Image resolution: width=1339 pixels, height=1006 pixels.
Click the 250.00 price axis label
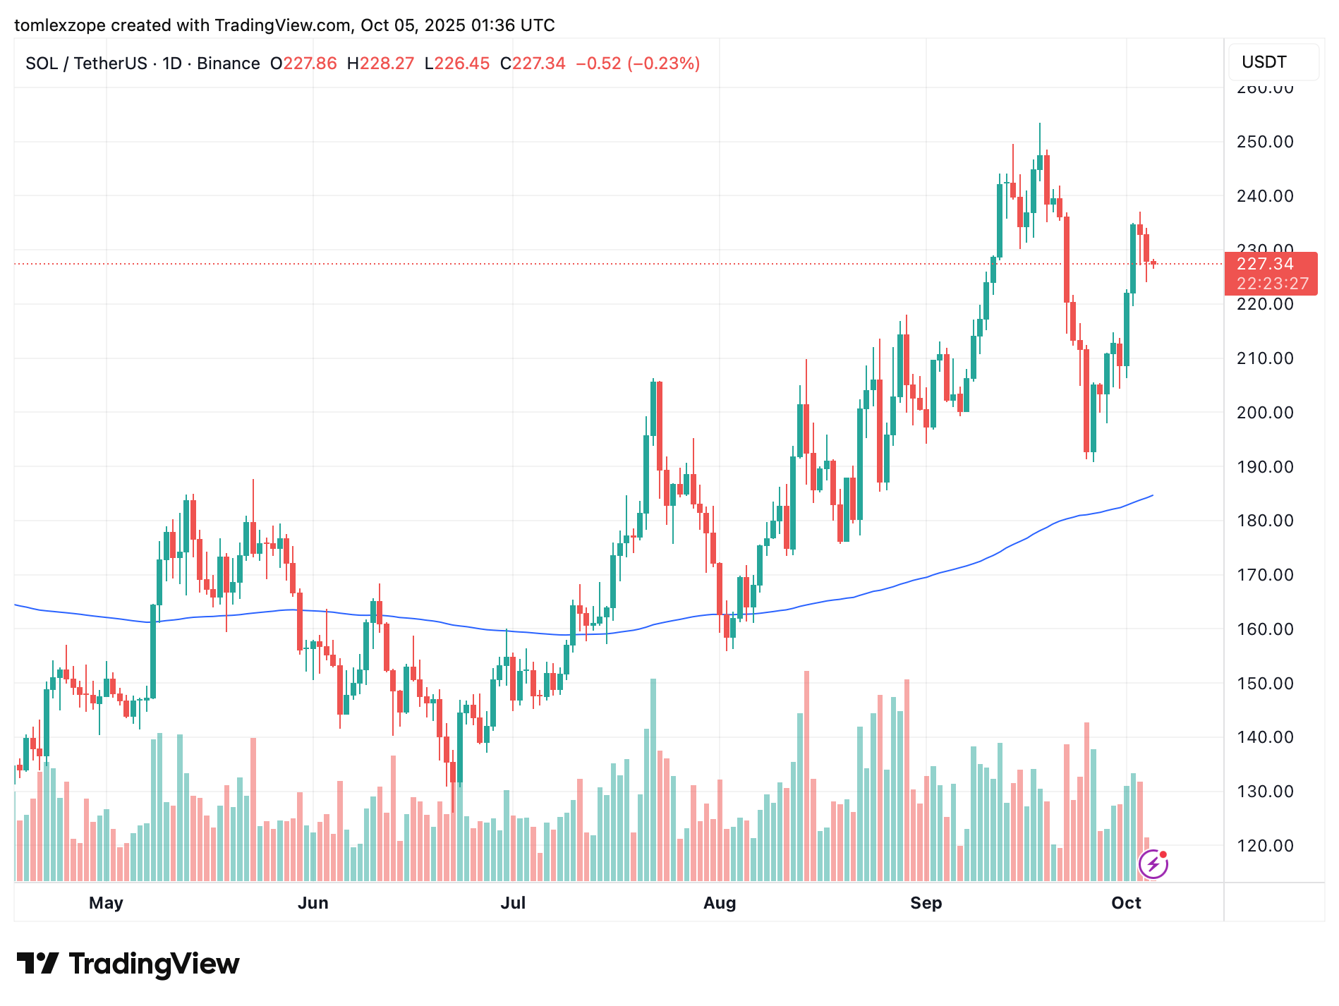pyautogui.click(x=1265, y=142)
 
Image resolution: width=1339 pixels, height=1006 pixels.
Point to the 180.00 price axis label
pyautogui.click(x=1265, y=521)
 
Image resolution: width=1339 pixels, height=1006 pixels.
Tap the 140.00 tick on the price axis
pyautogui.click(x=1265, y=737)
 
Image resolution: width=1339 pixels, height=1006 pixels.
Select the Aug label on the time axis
pyautogui.click(x=720, y=903)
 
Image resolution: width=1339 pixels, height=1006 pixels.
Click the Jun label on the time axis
pyautogui.click(x=313, y=903)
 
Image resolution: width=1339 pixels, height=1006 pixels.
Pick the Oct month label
pyautogui.click(x=1126, y=903)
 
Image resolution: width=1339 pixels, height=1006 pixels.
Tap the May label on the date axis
pyautogui.click(x=106, y=903)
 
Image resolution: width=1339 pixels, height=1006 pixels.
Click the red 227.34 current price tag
pyautogui.click(x=1266, y=264)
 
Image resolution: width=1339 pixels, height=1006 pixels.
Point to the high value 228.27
pyautogui.click(x=387, y=63)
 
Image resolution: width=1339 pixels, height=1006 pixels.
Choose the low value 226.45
pyautogui.click(x=462, y=63)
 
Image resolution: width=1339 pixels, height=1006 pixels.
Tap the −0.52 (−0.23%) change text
pyautogui.click(x=638, y=63)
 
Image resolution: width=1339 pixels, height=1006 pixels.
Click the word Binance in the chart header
pyautogui.click(x=229, y=63)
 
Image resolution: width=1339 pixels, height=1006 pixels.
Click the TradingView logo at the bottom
pyautogui.click(x=128, y=964)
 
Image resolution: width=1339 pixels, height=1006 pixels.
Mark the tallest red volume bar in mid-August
pyautogui.click(x=806, y=776)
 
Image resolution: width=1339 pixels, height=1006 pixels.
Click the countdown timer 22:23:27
pyautogui.click(x=1273, y=284)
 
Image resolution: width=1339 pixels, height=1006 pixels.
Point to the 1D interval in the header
pyautogui.click(x=172, y=63)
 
